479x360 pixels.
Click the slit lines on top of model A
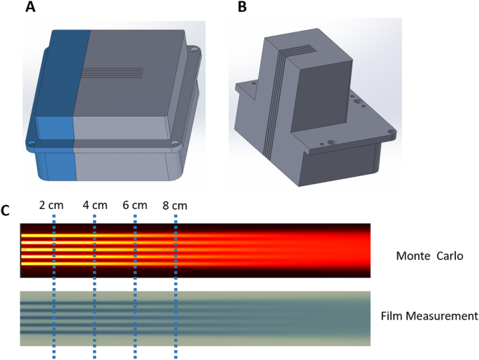[x=113, y=72]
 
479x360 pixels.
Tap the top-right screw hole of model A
[x=194, y=50]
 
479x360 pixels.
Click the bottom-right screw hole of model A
[x=175, y=147]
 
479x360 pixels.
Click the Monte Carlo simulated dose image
[x=195, y=250]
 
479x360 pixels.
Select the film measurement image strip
[x=195, y=318]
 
